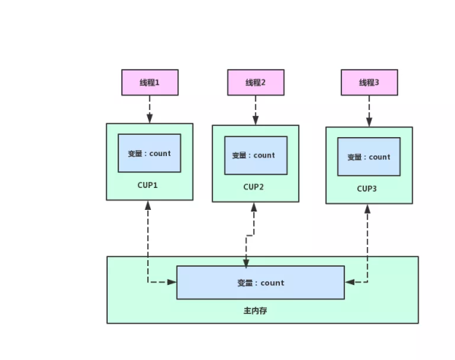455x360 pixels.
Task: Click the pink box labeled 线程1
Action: pos(149,82)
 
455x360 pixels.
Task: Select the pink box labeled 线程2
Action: pos(255,82)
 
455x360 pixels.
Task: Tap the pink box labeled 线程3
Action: pos(369,82)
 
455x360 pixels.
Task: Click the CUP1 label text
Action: pos(148,185)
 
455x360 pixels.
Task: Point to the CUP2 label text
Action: pos(253,186)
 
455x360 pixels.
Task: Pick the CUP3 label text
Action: pos(367,189)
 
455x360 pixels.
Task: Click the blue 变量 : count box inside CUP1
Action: pos(149,153)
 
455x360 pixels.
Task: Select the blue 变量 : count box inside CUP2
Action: pos(255,155)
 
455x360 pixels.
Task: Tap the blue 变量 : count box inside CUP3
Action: pos(369,157)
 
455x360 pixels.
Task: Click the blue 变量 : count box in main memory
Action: pos(260,283)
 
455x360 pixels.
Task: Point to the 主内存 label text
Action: pos(255,311)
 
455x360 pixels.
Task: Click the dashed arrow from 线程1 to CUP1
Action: pos(149,109)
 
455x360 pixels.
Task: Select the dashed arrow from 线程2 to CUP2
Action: pos(255,110)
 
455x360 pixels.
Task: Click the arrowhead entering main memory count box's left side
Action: pos(171,283)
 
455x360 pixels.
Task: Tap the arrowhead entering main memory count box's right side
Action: pos(350,283)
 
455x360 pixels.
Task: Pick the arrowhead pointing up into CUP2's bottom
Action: pos(253,208)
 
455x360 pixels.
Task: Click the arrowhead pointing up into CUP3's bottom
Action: pos(368,209)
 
